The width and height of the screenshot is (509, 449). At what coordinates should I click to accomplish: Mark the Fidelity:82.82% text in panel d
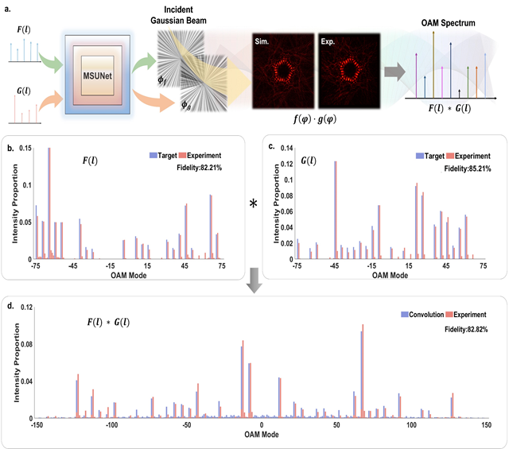[458, 327]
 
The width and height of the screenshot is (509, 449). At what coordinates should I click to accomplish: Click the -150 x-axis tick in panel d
[36, 425]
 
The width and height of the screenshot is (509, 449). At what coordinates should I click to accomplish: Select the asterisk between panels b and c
[254, 204]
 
